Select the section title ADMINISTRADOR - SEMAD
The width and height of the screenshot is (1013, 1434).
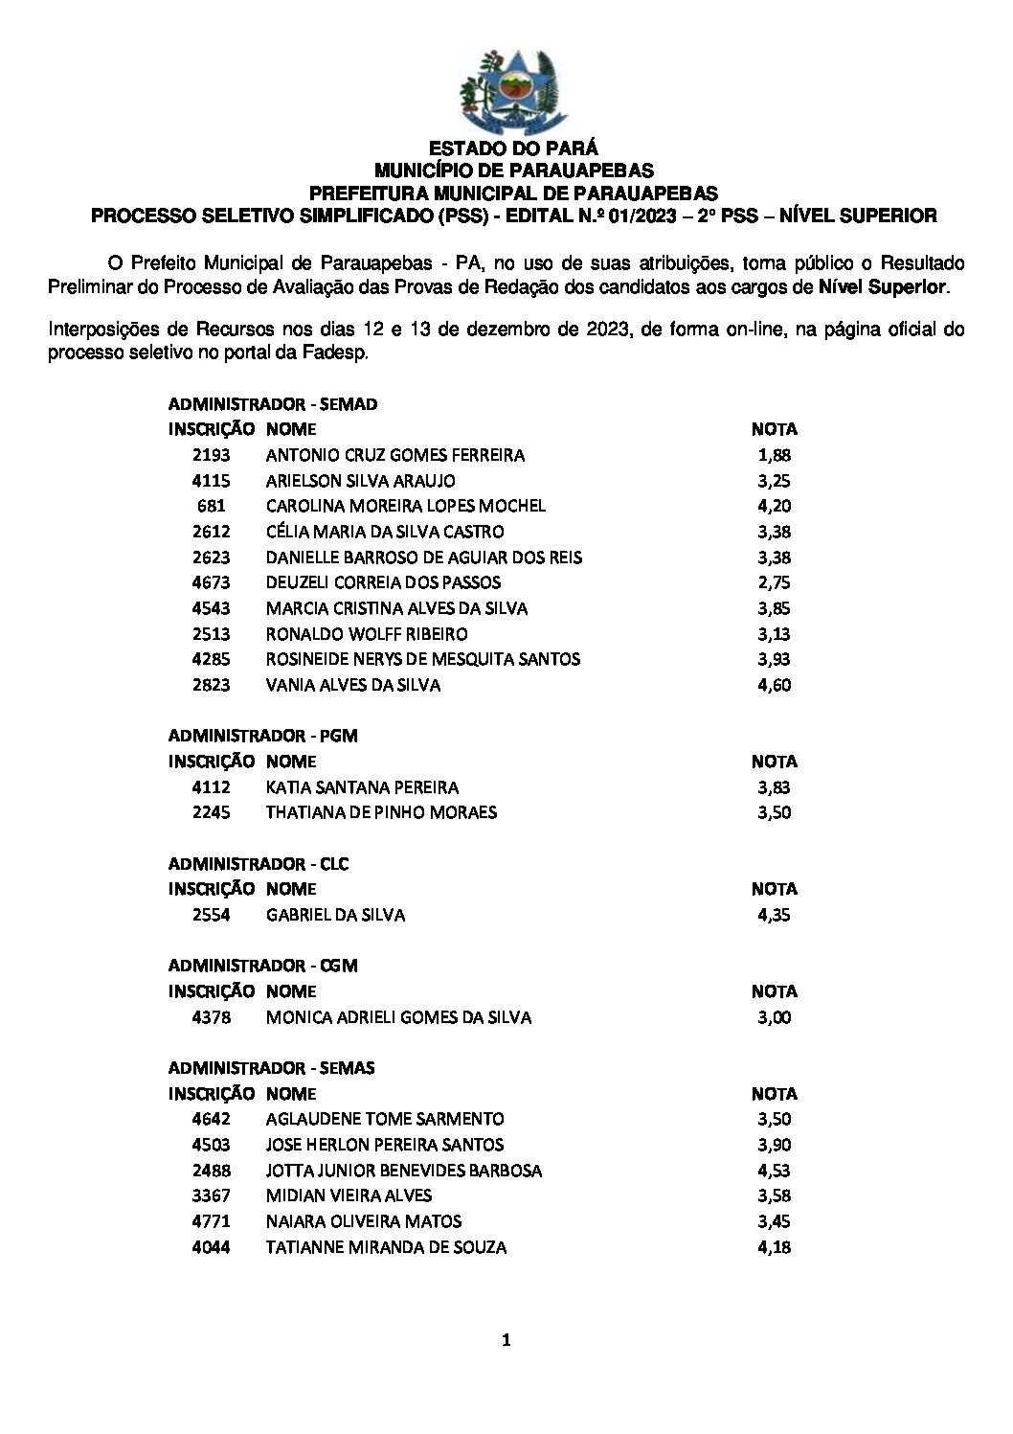tap(273, 404)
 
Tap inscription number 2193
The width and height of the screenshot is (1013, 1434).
tap(211, 455)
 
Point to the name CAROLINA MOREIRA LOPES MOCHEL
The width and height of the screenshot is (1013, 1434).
tap(406, 506)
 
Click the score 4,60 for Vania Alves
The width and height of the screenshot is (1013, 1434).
tap(774, 685)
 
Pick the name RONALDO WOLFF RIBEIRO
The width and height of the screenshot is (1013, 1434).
tap(367, 634)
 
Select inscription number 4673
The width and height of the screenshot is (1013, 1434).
tap(211, 582)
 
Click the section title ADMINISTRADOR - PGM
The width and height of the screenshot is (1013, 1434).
tap(263, 736)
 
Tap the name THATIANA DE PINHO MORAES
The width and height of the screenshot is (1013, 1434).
tap(381, 812)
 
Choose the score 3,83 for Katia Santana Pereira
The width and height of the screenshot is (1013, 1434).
tap(774, 787)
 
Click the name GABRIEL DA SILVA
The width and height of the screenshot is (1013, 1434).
tap(335, 915)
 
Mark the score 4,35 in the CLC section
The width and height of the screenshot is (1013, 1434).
tap(774, 915)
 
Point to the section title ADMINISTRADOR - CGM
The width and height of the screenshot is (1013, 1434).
tap(263, 966)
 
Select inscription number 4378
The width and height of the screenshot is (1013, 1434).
tap(211, 1017)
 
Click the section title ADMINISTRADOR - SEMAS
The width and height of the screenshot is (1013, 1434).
tap(272, 1068)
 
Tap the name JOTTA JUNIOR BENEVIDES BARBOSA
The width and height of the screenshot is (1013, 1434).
tap(403, 1171)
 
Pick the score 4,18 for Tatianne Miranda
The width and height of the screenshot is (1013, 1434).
tap(774, 1247)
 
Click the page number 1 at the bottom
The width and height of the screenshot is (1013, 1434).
tap(506, 1341)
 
